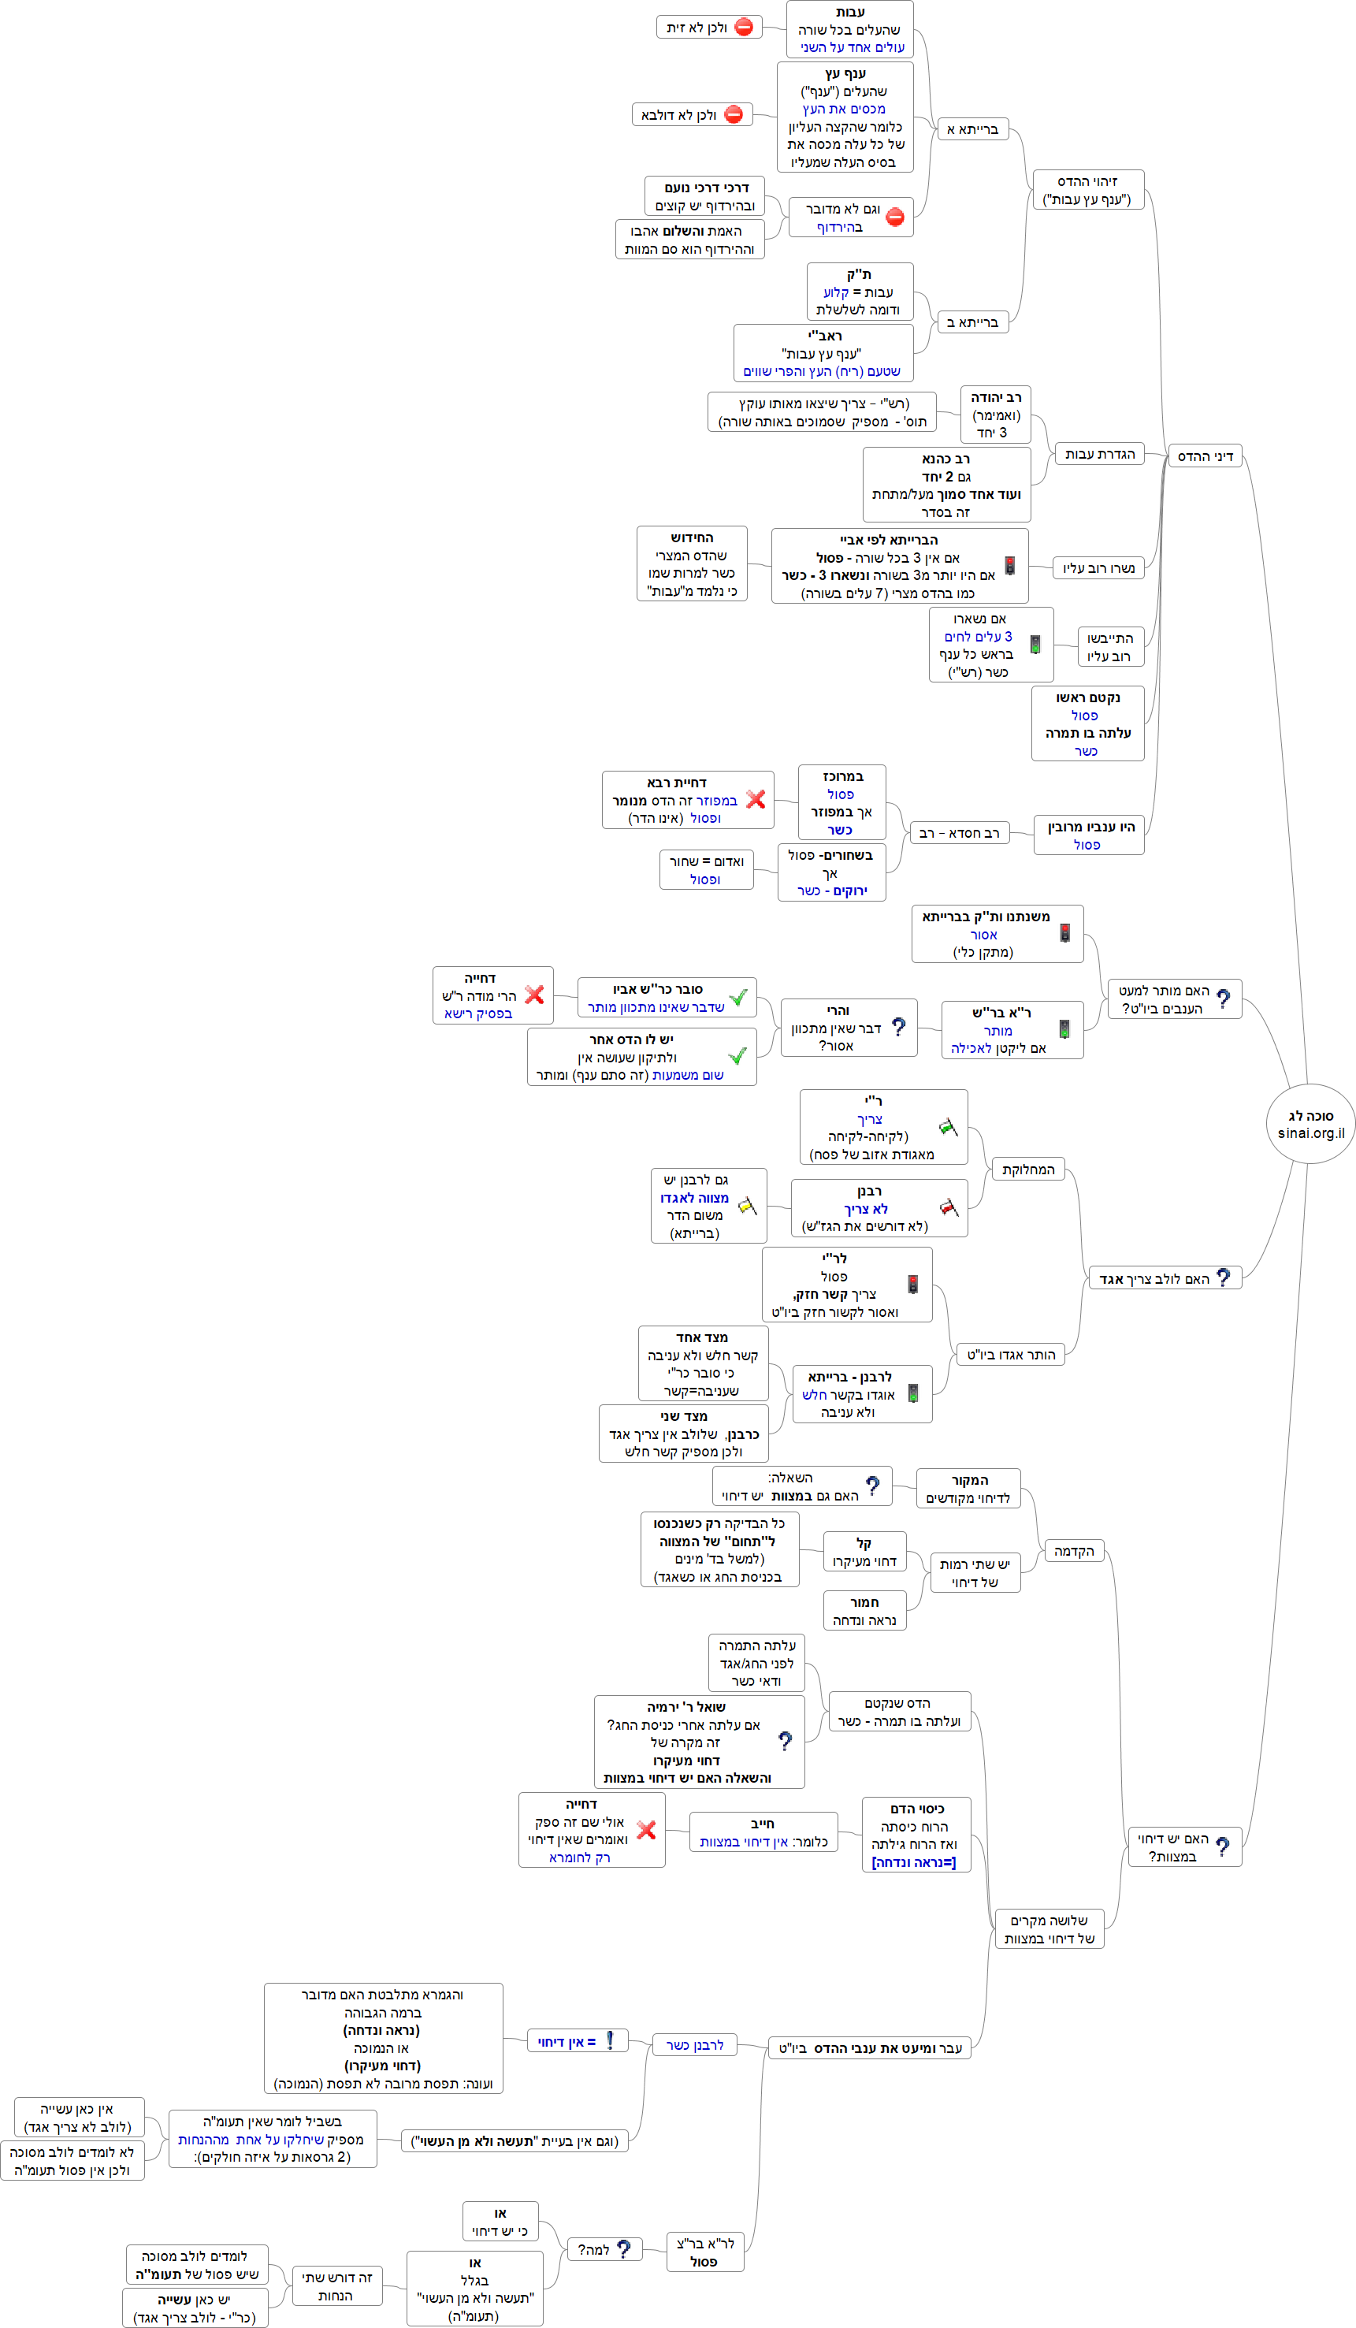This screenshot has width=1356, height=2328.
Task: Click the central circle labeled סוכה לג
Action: tap(1310, 1125)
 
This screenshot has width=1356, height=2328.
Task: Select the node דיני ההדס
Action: tap(1205, 456)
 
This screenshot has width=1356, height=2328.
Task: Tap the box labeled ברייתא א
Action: tap(971, 129)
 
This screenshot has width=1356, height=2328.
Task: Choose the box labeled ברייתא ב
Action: tap(971, 322)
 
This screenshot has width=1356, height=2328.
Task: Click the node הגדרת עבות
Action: tap(1099, 454)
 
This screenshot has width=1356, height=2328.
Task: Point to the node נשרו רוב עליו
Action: tap(1098, 568)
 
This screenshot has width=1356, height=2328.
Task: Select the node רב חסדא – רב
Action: tap(959, 833)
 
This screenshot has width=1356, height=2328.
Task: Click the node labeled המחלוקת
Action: tap(1027, 1170)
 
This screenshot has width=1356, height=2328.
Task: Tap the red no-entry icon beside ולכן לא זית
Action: tap(744, 28)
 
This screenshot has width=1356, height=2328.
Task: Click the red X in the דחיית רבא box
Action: tap(756, 799)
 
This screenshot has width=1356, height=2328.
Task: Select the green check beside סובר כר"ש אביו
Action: tap(737, 998)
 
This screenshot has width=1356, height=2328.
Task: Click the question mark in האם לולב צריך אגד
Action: tap(1223, 1277)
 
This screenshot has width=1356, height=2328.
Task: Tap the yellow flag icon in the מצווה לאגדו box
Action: tap(746, 1206)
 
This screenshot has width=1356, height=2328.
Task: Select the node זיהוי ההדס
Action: tap(1087, 190)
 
